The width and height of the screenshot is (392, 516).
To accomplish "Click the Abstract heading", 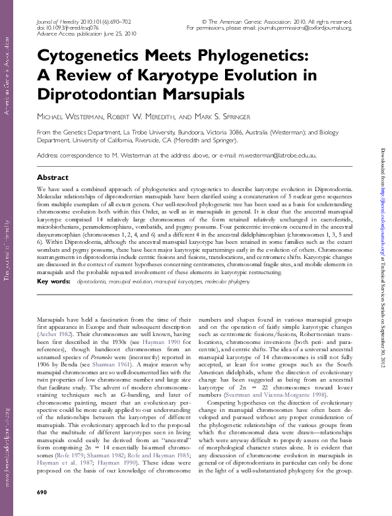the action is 52,178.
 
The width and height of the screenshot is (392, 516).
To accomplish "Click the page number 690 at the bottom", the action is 42,493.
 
